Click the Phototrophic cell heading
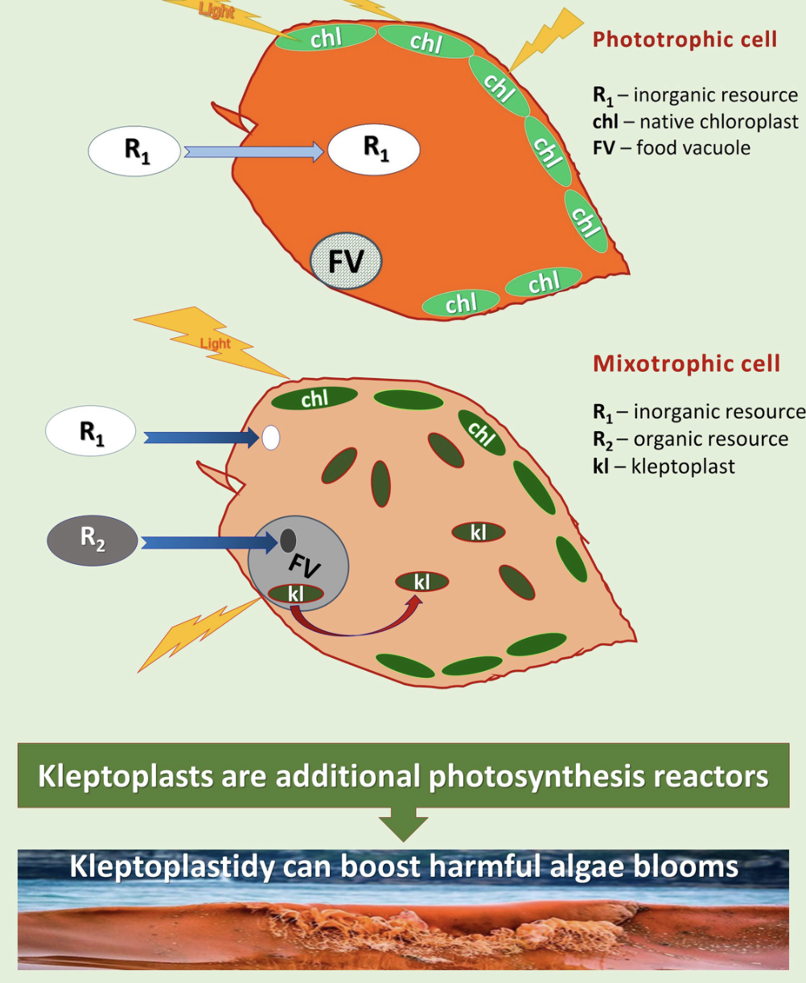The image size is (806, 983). point(685,39)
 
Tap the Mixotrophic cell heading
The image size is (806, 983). point(686,364)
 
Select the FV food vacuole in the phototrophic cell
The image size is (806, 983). point(346,261)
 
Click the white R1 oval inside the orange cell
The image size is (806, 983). point(374,150)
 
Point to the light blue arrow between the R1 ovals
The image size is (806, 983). point(254,152)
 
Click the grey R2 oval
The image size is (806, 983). point(93,541)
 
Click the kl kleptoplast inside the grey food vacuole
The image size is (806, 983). point(295,594)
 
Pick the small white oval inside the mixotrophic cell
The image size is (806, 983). point(271,438)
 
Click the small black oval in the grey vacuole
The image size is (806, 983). point(288,541)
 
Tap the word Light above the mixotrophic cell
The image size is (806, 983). point(216,343)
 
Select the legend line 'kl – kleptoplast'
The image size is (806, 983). point(664,466)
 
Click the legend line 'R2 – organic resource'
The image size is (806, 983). point(690,439)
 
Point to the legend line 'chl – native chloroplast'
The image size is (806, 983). point(696,121)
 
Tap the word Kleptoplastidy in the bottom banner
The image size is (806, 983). point(172,867)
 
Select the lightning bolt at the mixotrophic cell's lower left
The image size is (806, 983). point(199,635)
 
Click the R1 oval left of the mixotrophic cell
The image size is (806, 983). point(90,430)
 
